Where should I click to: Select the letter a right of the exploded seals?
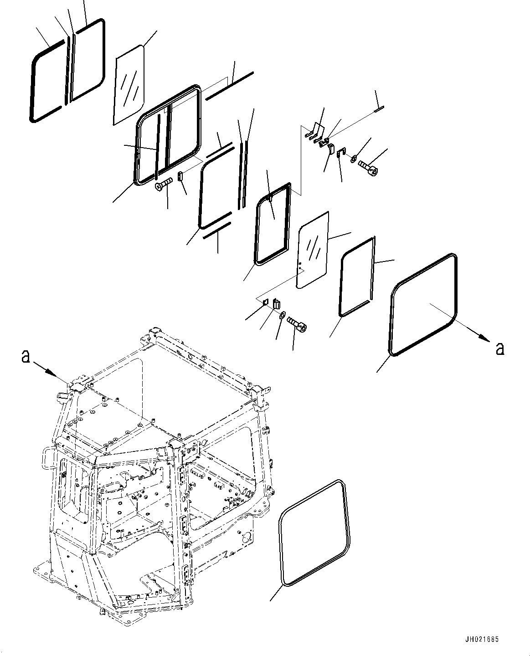coord(499,348)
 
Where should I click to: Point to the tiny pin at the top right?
coord(379,108)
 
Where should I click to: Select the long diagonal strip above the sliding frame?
coord(229,85)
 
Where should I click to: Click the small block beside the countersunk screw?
coord(180,176)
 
